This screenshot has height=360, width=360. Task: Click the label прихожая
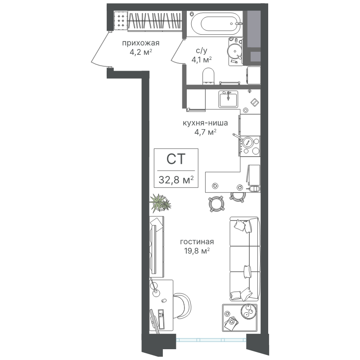140,43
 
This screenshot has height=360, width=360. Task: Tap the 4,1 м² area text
202,60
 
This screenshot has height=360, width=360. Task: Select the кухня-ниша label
205,123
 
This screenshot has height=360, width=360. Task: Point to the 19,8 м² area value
197,251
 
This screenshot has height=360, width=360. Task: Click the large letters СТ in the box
176,159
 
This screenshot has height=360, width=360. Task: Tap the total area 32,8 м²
176,180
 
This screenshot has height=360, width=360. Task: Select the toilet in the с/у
208,76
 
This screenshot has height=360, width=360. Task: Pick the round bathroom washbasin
234,50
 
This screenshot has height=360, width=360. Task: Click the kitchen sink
228,99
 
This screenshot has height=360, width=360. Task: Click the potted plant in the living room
161,203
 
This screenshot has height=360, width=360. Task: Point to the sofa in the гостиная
245,259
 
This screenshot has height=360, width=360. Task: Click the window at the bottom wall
211,340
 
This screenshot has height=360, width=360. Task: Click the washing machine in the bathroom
253,76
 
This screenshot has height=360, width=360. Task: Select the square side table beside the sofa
240,318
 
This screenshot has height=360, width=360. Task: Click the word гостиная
197,242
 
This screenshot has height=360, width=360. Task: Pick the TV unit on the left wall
157,247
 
